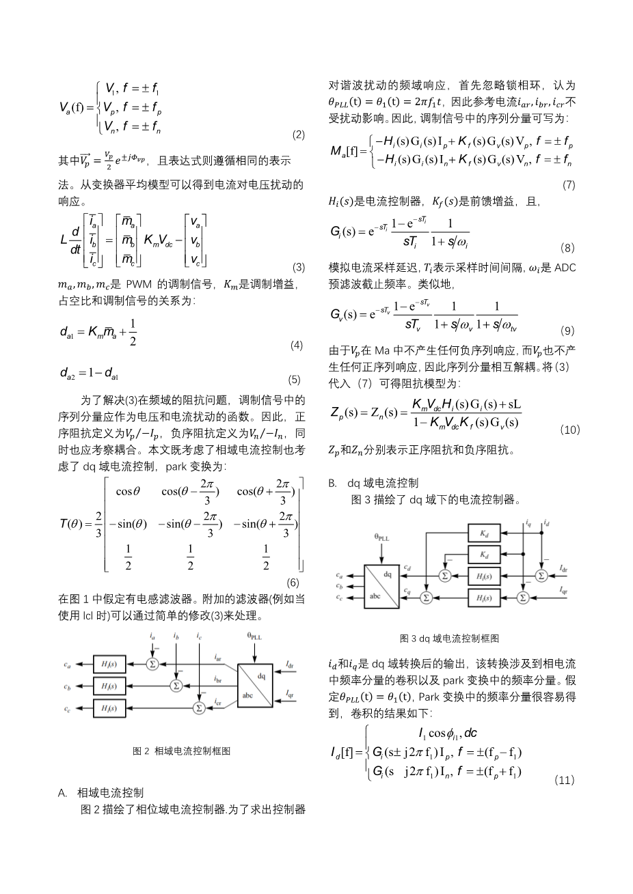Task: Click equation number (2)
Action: (298, 135)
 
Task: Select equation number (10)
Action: (569, 430)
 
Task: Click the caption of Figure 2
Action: (181, 751)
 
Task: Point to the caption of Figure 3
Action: (449, 639)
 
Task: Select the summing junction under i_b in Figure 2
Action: (176, 685)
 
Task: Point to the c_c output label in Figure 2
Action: (67, 710)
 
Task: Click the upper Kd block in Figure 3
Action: (485, 531)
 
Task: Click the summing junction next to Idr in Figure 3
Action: (541, 576)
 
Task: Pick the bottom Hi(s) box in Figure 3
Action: (485, 598)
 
